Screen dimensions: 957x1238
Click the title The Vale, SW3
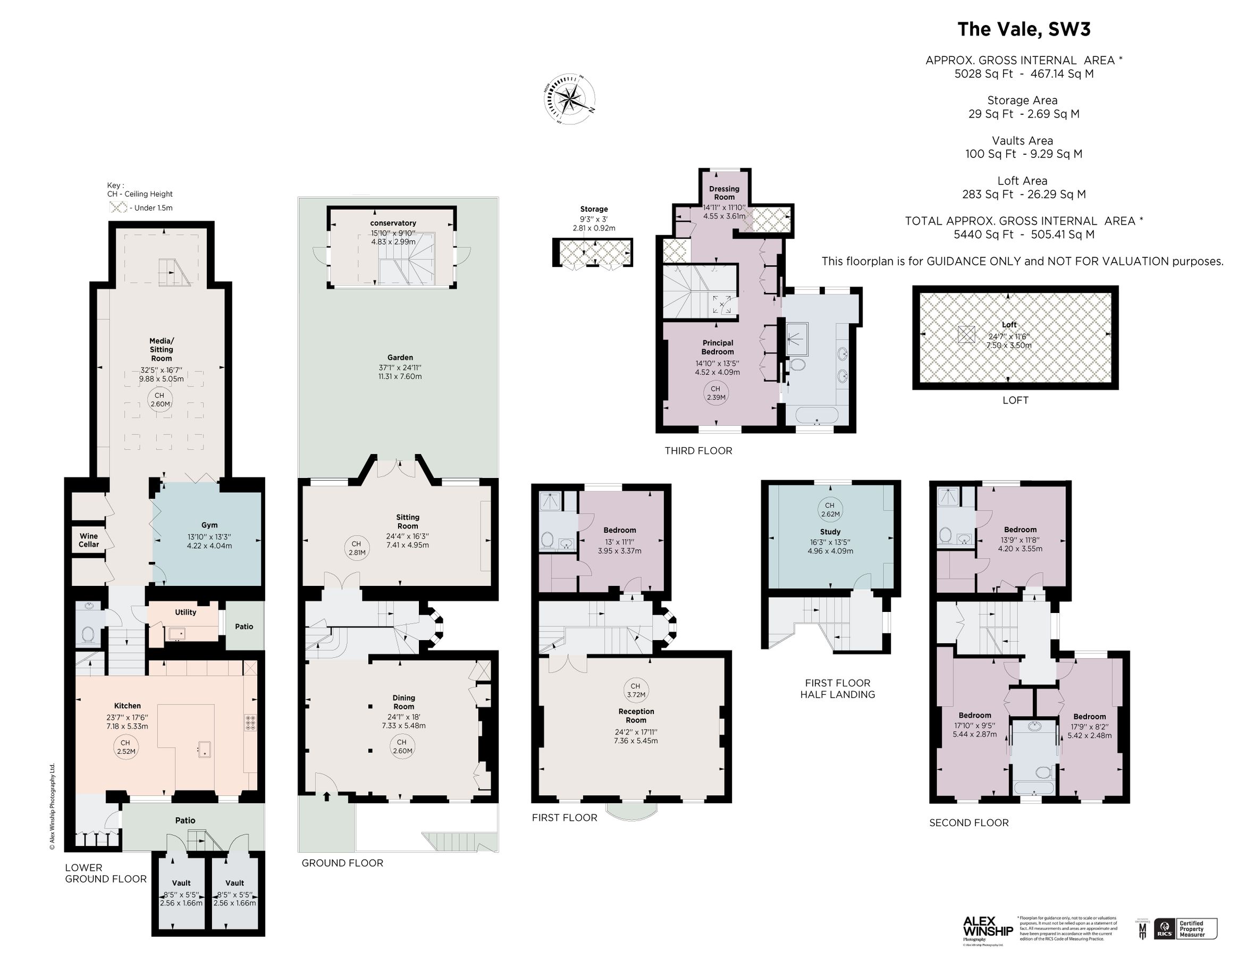pyautogui.click(x=1023, y=29)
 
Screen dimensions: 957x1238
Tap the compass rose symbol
pyautogui.click(x=570, y=100)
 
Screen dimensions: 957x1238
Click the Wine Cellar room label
pyautogui.click(x=88, y=540)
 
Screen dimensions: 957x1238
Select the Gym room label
pyautogui.click(x=209, y=525)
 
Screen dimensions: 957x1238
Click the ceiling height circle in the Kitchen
pyautogui.click(x=125, y=746)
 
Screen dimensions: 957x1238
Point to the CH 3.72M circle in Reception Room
pyautogui.click(x=635, y=690)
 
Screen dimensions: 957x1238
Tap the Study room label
pyautogui.click(x=830, y=532)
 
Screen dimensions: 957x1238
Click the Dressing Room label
pyautogui.click(x=724, y=193)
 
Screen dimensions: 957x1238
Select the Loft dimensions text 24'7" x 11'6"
pyautogui.click(x=1009, y=336)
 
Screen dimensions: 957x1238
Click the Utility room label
pyautogui.click(x=186, y=612)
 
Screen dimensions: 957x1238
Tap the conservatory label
pyautogui.click(x=393, y=223)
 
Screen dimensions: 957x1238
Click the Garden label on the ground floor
pyautogui.click(x=400, y=358)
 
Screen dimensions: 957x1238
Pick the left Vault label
pyautogui.click(x=181, y=883)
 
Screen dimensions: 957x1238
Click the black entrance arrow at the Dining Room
pyautogui.click(x=326, y=796)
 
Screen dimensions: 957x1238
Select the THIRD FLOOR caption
pyautogui.click(x=698, y=451)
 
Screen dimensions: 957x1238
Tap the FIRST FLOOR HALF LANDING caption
pyautogui.click(x=837, y=689)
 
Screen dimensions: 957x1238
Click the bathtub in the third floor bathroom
pyautogui.click(x=817, y=416)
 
